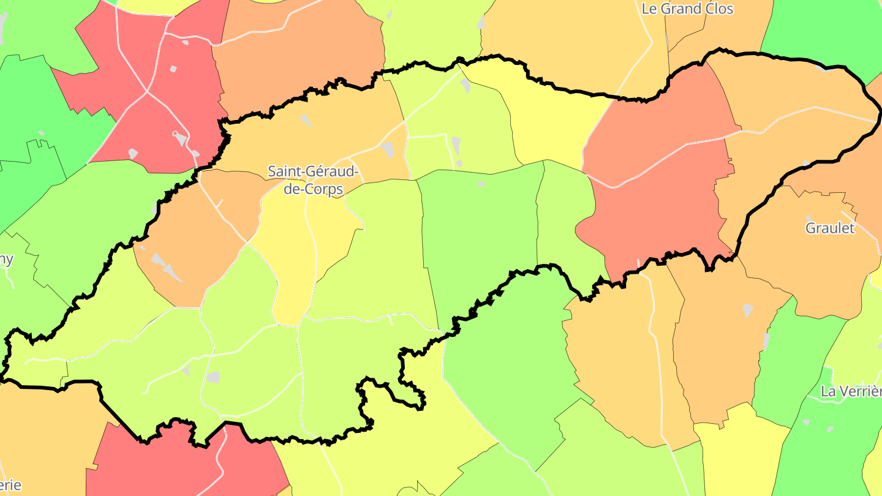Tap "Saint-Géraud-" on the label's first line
(313, 172)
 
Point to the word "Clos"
(720, 9)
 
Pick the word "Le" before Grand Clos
(649, 9)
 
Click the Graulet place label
(829, 228)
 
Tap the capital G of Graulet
(810, 228)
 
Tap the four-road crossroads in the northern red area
(147, 92)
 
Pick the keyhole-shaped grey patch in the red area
(179, 138)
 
